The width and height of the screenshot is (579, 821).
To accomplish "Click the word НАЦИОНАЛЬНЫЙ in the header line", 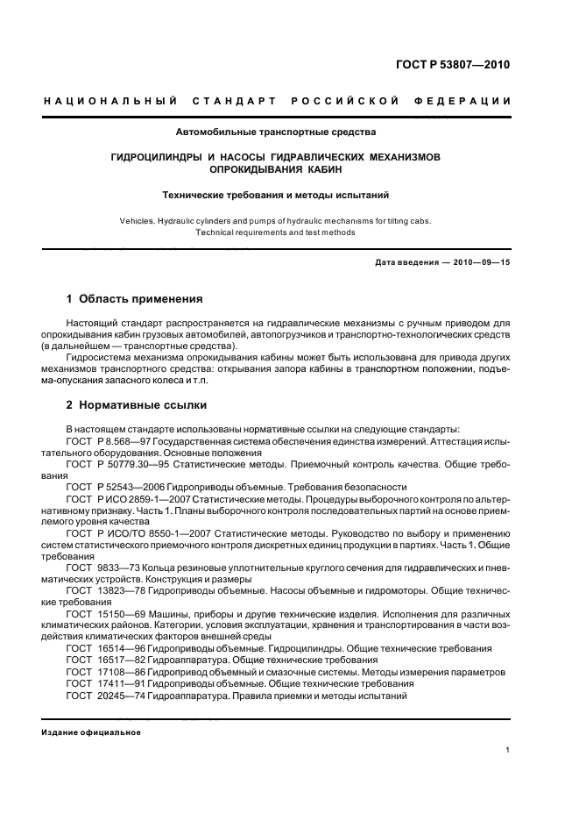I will pos(110,103).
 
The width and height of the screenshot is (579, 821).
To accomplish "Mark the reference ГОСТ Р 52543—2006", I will pos(112,485).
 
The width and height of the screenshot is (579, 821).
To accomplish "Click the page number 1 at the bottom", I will pos(508,750).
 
